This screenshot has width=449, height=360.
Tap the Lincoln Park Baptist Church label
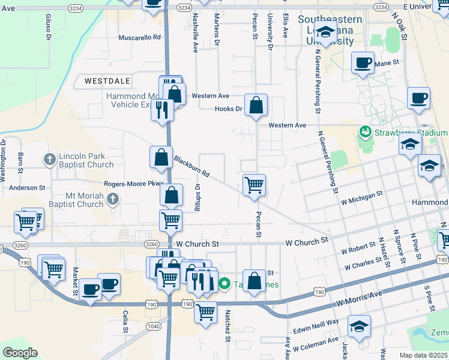(x=86, y=160)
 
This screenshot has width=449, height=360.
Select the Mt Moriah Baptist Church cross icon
(x=112, y=199)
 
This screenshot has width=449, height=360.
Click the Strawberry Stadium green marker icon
(x=364, y=131)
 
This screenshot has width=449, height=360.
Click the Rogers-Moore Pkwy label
(x=134, y=184)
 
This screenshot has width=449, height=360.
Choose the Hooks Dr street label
(x=228, y=109)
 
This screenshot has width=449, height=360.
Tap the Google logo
(x=20, y=353)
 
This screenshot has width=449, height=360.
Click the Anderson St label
(x=26, y=188)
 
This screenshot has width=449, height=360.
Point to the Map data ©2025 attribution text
(x=424, y=355)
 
